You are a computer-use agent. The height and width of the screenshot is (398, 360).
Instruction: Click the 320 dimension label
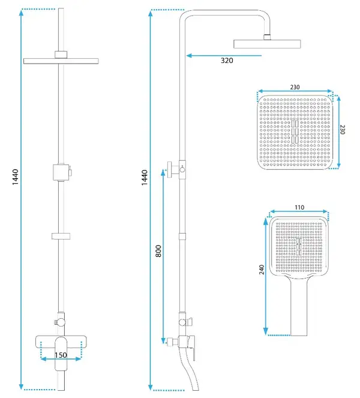[x=227, y=61]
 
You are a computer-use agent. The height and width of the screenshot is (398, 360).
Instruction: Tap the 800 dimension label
[x=158, y=251]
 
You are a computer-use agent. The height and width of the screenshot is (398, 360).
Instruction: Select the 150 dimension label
[x=61, y=355]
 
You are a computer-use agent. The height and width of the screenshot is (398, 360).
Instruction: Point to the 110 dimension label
[x=299, y=207]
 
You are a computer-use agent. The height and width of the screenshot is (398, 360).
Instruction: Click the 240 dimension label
[x=262, y=270]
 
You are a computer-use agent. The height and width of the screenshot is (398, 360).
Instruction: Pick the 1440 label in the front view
[x=16, y=177]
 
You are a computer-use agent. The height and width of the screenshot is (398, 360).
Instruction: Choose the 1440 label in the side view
[x=145, y=178]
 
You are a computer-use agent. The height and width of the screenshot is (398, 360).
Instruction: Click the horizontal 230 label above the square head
[x=295, y=87]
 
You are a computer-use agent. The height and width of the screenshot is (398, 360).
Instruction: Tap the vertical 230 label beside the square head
[x=342, y=129]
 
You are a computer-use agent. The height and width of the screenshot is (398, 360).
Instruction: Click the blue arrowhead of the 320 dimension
[x=189, y=55]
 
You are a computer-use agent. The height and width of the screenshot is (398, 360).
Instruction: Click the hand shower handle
[x=299, y=307]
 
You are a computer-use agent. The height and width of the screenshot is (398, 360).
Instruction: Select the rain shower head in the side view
[x=267, y=44]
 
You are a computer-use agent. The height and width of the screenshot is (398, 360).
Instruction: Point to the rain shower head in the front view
[x=61, y=61]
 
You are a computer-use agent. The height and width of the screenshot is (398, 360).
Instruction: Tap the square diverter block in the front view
[x=61, y=172]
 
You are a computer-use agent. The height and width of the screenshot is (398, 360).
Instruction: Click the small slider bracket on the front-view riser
[x=61, y=236]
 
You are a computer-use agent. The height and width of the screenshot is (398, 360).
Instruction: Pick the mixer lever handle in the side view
[x=192, y=348]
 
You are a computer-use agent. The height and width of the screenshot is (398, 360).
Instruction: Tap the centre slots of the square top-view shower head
[x=295, y=131]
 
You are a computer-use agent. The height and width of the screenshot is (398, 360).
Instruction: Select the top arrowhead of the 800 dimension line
[x=163, y=172]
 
